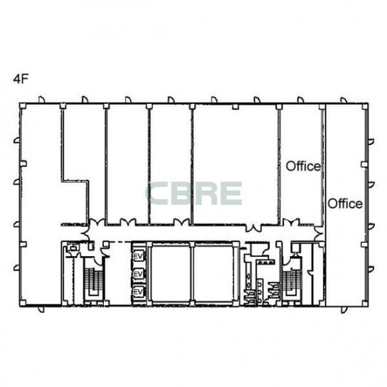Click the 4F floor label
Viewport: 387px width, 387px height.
tap(21, 79)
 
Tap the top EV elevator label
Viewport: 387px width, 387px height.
tap(138, 256)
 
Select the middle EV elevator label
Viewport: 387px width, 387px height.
tap(138, 274)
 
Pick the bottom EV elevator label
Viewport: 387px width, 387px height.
tap(138, 292)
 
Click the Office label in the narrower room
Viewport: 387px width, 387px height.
tap(303, 166)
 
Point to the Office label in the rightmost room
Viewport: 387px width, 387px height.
tap(345, 203)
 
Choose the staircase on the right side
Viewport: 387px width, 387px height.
tap(292, 282)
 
